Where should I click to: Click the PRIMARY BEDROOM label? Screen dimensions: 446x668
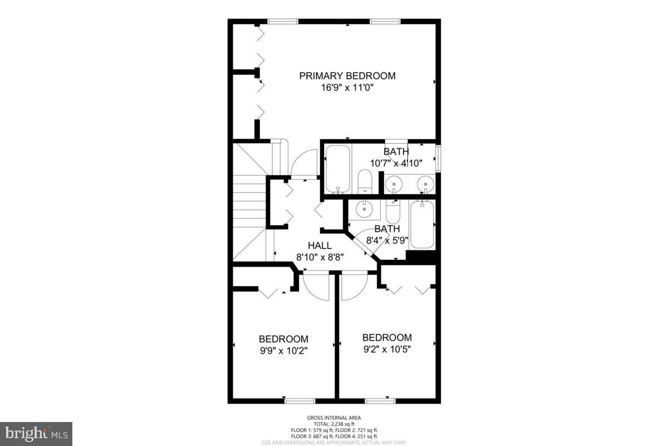(347, 76)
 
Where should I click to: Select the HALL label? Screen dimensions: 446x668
(320, 246)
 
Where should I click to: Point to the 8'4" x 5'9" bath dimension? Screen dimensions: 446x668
(387, 241)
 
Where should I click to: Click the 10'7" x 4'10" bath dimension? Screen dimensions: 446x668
(396, 163)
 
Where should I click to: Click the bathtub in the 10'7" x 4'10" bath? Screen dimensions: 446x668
(337, 168)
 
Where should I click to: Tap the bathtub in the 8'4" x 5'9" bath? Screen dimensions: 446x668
(422, 225)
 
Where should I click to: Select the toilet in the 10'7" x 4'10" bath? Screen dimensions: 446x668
(365, 181)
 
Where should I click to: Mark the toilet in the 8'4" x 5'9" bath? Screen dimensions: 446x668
(392, 211)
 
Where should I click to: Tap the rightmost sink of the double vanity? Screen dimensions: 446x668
(425, 183)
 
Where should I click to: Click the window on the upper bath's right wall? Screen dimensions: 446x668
(438, 158)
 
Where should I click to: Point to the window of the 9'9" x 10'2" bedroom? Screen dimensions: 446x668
(299, 400)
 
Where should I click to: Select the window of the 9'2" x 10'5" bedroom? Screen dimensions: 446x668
(380, 400)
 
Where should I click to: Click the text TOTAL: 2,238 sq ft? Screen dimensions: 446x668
(334, 424)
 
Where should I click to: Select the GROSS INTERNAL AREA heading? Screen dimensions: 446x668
(334, 418)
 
